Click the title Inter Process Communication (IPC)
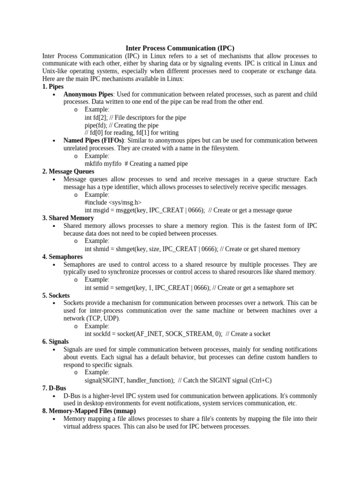click(x=180, y=48)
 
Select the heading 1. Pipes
click(x=53, y=87)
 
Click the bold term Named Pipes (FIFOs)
click(x=94, y=141)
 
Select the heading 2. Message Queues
click(x=68, y=172)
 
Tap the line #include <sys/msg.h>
click(x=113, y=202)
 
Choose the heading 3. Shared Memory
click(x=68, y=218)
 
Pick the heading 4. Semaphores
click(x=62, y=257)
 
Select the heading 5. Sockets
click(x=56, y=295)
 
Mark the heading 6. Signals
click(x=55, y=342)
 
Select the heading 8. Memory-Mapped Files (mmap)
click(x=89, y=411)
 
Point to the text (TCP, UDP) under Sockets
click(x=103, y=318)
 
